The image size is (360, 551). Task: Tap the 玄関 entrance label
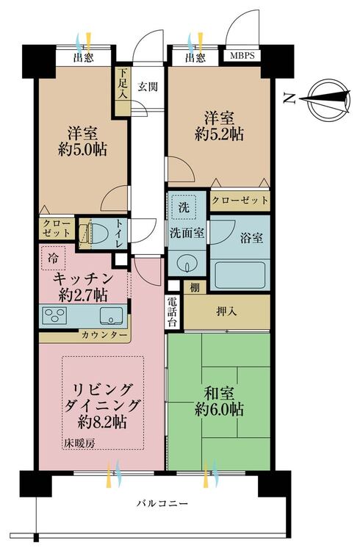click(x=148, y=83)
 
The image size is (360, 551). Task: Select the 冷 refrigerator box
click(x=55, y=258)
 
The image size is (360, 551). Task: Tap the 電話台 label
click(x=171, y=310)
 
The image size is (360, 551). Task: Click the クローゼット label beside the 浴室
click(x=239, y=199)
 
